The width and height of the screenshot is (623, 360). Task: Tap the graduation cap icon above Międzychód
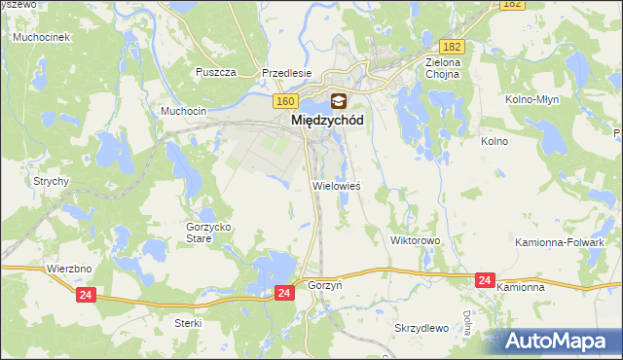point(338,99)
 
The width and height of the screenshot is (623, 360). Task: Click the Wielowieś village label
point(337,184)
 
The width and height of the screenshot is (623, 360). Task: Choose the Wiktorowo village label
point(416,239)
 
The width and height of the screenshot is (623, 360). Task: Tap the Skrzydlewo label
point(421,328)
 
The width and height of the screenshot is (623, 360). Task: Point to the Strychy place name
point(50,181)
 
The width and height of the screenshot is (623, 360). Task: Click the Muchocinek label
point(38,37)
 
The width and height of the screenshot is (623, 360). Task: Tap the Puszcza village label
point(216,72)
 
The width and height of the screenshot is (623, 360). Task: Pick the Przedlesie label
point(286,72)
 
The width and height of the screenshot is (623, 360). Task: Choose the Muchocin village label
point(184,111)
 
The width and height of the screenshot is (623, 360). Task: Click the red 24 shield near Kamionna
point(486,280)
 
